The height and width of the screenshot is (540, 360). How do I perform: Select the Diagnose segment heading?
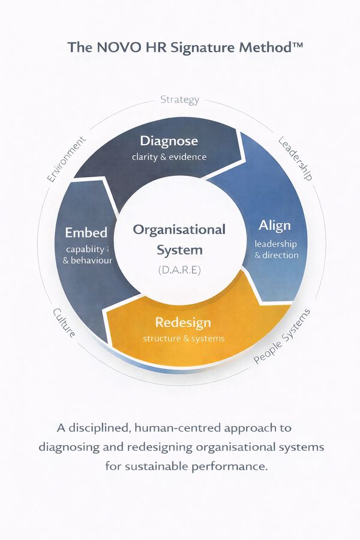coord(169,142)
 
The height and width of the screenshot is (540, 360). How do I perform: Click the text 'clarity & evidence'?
coord(169,157)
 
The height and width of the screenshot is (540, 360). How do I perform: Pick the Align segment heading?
coord(274,226)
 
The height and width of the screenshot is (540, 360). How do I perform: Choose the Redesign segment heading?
coord(183,323)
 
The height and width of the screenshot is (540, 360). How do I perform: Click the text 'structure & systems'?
coord(184,338)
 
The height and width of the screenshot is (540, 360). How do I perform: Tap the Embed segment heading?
coord(86,232)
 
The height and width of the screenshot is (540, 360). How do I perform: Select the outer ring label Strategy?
coord(179,100)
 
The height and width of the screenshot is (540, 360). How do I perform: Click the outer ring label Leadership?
coord(295,158)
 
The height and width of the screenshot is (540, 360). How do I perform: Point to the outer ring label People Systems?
coord(283,337)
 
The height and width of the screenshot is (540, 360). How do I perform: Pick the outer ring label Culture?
coord(64,322)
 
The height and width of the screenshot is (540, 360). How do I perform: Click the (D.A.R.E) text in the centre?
coord(179,270)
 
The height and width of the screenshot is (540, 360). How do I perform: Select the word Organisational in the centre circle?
coord(179,230)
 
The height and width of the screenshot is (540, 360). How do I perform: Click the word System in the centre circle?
coord(179,250)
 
